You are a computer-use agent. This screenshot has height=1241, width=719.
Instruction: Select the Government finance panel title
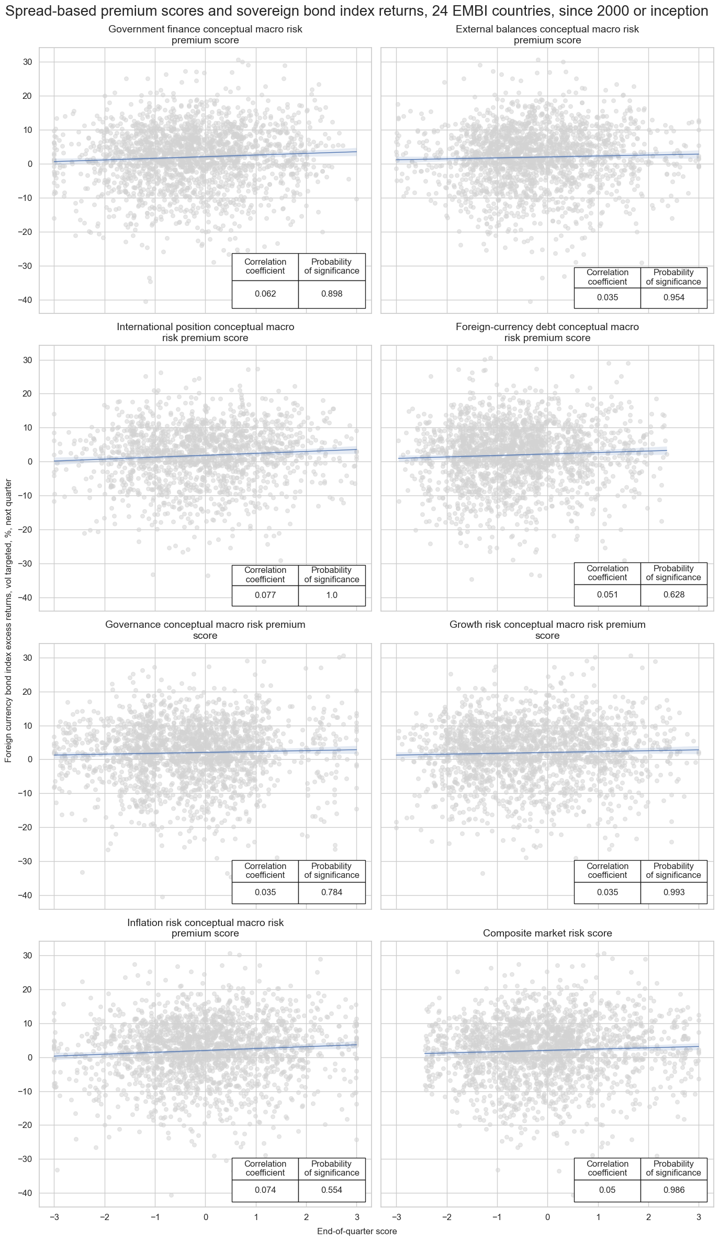click(205, 35)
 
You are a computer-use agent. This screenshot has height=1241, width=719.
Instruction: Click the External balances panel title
click(547, 35)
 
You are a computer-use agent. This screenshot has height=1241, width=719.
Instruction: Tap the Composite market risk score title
click(547, 933)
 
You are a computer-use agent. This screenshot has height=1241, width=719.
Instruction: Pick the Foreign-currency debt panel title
click(547, 332)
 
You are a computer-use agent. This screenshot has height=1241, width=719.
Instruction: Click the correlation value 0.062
click(265, 294)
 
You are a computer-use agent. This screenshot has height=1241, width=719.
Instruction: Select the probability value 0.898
click(332, 294)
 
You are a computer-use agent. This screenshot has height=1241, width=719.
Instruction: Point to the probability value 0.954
click(673, 298)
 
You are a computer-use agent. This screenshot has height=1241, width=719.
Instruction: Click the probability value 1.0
click(332, 595)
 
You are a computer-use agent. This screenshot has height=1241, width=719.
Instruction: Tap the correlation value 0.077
click(265, 595)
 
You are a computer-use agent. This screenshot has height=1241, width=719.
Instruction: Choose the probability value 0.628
click(673, 594)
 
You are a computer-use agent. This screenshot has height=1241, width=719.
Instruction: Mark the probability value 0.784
click(332, 892)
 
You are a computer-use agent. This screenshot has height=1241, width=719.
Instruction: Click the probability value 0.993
click(673, 892)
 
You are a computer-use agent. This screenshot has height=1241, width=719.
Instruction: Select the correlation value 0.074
click(265, 1190)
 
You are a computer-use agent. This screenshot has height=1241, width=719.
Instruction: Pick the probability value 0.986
click(673, 1190)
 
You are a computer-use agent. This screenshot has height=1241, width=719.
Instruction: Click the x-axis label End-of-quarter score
click(357, 1232)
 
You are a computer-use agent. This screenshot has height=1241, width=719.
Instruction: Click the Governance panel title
click(205, 630)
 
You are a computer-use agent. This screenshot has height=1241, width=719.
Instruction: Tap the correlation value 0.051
click(607, 594)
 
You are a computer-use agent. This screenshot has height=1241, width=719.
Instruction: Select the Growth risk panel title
click(547, 630)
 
